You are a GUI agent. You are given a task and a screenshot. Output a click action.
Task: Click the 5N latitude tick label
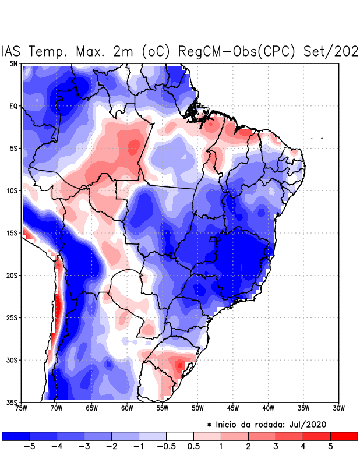click(x=13, y=63)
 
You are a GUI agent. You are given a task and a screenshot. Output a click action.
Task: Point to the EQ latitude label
click(x=13, y=106)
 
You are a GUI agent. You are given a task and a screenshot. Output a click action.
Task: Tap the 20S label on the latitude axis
click(x=12, y=275)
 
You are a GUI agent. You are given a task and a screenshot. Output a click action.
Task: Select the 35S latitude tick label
click(x=12, y=402)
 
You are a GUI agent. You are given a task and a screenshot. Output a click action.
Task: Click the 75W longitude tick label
click(x=21, y=408)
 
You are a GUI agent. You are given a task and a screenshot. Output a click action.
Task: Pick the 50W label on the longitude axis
click(x=197, y=408)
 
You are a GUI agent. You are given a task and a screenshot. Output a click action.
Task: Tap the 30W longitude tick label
click(x=338, y=408)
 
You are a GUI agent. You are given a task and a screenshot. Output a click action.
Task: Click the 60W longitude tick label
click(x=126, y=408)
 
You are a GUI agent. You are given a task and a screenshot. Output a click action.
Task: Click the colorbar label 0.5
click(x=193, y=447)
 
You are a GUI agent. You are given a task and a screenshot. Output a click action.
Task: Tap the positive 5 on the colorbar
click(x=330, y=447)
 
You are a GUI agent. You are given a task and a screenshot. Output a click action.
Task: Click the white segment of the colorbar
click(x=179, y=436)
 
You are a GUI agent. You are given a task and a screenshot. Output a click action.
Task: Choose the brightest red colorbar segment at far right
click(x=344, y=436)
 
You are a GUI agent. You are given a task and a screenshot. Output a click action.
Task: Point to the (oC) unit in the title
click(x=155, y=51)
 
